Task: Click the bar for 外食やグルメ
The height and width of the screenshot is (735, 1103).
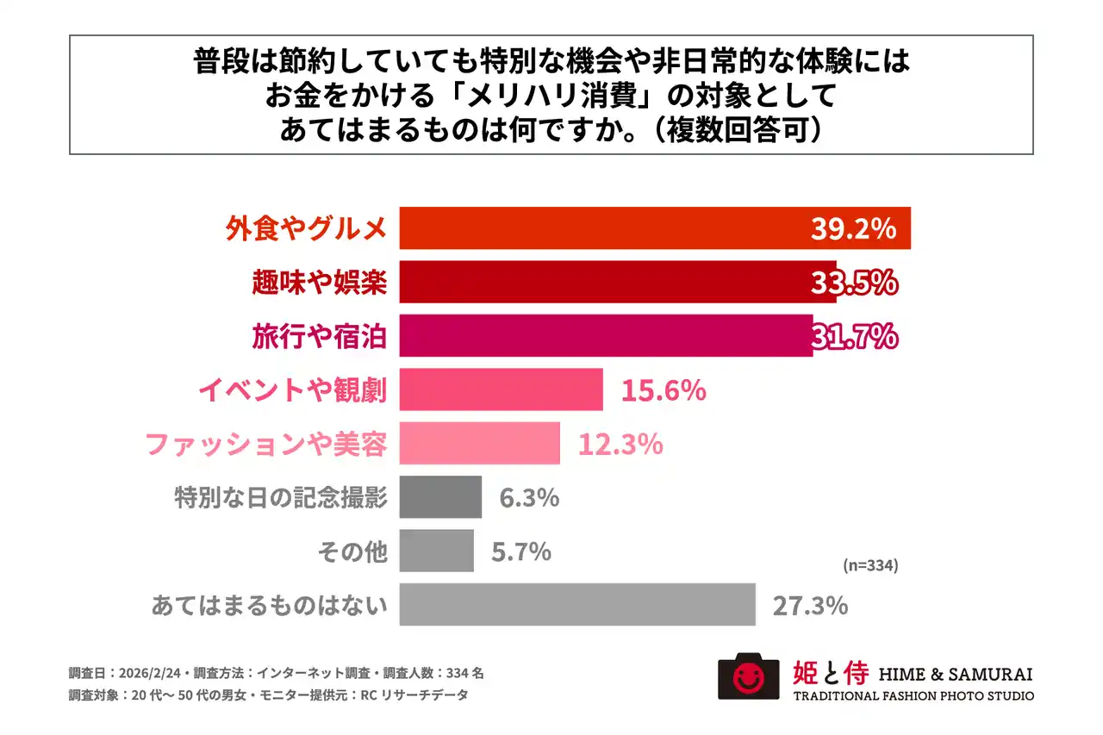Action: click(x=603, y=228)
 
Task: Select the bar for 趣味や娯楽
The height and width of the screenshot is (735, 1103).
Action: click(x=603, y=282)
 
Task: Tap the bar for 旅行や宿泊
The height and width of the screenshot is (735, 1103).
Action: click(x=603, y=335)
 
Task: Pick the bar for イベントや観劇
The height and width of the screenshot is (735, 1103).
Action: click(x=501, y=389)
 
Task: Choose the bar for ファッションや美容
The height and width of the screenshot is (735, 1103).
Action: click(x=480, y=443)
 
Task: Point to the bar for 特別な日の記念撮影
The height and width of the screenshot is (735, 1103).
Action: click(x=440, y=497)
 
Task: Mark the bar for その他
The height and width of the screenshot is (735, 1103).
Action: click(x=437, y=551)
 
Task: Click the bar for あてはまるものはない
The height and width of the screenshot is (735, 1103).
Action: click(x=577, y=605)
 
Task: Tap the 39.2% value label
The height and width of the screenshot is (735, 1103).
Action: click(x=853, y=229)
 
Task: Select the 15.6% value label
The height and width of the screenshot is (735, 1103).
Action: click(x=664, y=390)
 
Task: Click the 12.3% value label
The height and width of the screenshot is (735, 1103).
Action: click(x=620, y=445)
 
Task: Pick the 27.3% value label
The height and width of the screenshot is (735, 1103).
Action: click(x=810, y=606)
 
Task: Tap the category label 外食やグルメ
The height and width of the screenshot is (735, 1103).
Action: click(x=306, y=229)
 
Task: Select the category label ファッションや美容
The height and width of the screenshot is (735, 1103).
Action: click(x=265, y=445)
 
